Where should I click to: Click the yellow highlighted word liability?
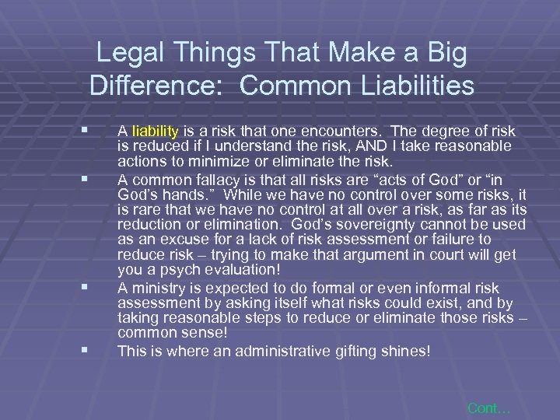click(x=156, y=131)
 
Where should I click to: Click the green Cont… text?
click(x=488, y=408)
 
